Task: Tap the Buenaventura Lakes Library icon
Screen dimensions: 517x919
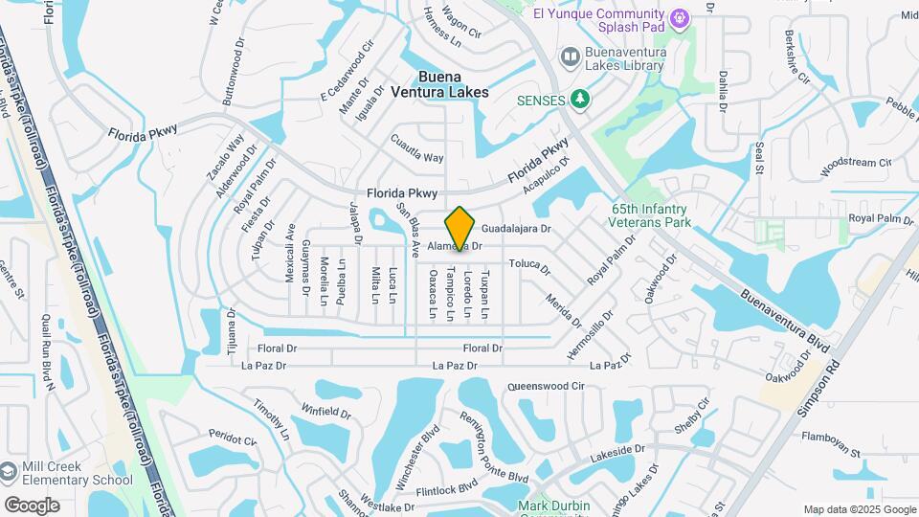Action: (571, 57)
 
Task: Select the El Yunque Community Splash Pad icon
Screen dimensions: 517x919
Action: (680, 16)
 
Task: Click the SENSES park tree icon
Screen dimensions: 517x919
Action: (578, 99)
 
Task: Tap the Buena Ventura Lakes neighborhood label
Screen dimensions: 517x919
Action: (439, 84)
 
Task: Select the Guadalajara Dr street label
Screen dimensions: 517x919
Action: (516, 230)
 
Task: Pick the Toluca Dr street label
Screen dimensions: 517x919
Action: (529, 264)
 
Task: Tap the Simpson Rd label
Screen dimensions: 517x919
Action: (817, 388)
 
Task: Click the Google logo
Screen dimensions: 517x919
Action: (32, 506)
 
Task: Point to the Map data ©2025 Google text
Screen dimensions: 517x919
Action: (859, 509)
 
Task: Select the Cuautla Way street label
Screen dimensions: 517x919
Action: (417, 149)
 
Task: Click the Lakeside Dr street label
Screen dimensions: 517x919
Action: (618, 451)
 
